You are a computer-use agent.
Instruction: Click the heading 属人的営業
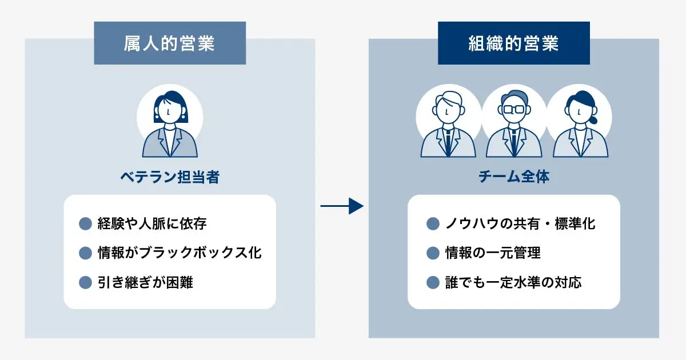click(170, 43)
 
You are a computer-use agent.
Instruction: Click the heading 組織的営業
click(513, 43)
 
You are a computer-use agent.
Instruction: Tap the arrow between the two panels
click(342, 206)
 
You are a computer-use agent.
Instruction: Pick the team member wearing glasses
click(513, 125)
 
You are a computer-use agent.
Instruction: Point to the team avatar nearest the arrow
click(448, 125)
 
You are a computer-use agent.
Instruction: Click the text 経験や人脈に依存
click(152, 223)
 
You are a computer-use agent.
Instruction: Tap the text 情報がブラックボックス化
click(180, 253)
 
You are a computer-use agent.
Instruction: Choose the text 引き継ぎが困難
click(145, 282)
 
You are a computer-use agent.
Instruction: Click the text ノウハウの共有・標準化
click(520, 223)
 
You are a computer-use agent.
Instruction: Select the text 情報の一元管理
click(493, 253)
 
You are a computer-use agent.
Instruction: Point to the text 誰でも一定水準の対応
click(513, 282)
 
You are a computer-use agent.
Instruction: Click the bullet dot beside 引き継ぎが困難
click(85, 282)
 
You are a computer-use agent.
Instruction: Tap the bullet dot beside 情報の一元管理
click(433, 253)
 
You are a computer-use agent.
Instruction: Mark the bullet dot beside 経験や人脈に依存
click(85, 223)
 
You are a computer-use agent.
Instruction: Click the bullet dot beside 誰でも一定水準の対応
click(433, 282)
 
